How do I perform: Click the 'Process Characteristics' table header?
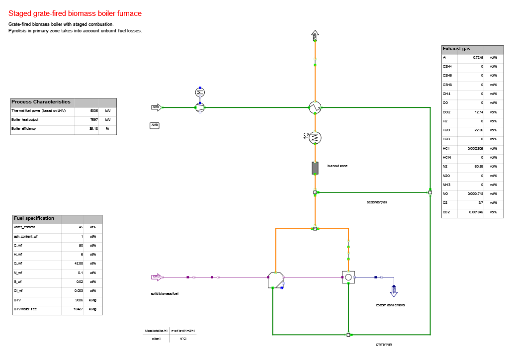pos(41,102)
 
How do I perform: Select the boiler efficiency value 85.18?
pos(93,129)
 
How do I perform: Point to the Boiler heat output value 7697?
pos(93,120)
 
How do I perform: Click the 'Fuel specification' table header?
pos(34,218)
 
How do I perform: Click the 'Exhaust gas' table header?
pos(456,49)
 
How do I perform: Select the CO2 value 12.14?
pos(477,112)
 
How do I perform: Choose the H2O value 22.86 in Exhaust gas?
pos(477,130)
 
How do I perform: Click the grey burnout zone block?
pos(315,168)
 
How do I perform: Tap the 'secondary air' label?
pos(376,202)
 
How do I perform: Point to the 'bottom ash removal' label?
pos(390,305)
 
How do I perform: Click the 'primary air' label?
pos(388,344)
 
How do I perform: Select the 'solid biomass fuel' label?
pos(165,294)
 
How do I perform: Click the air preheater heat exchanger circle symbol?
pos(315,107)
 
